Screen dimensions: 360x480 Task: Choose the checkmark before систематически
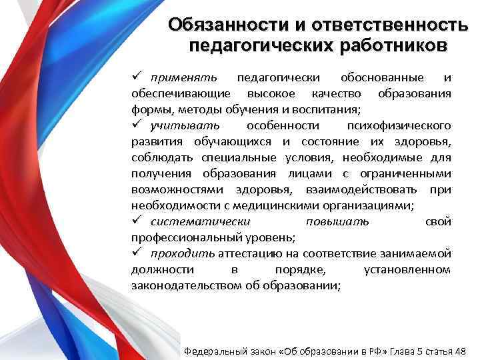136,221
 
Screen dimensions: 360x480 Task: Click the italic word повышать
337,221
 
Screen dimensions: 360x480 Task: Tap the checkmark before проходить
136,253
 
